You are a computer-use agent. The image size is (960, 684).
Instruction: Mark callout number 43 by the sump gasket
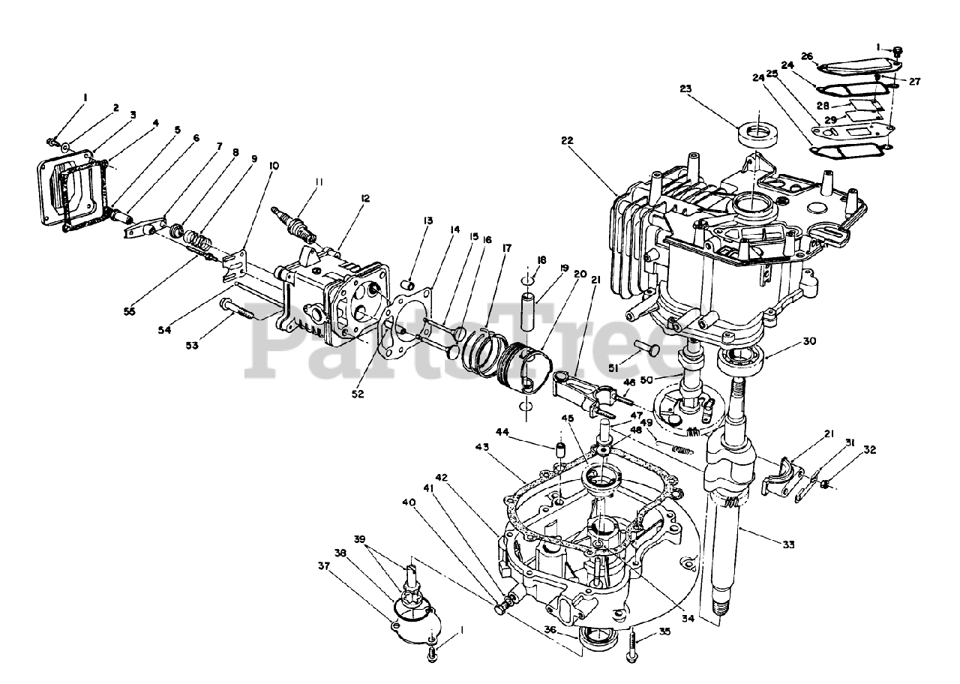tap(481, 448)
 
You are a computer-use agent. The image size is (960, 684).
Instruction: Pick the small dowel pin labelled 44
tap(558, 451)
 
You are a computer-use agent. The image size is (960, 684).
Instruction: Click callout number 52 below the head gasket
tap(357, 393)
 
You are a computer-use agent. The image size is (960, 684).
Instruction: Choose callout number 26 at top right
tap(807, 55)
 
